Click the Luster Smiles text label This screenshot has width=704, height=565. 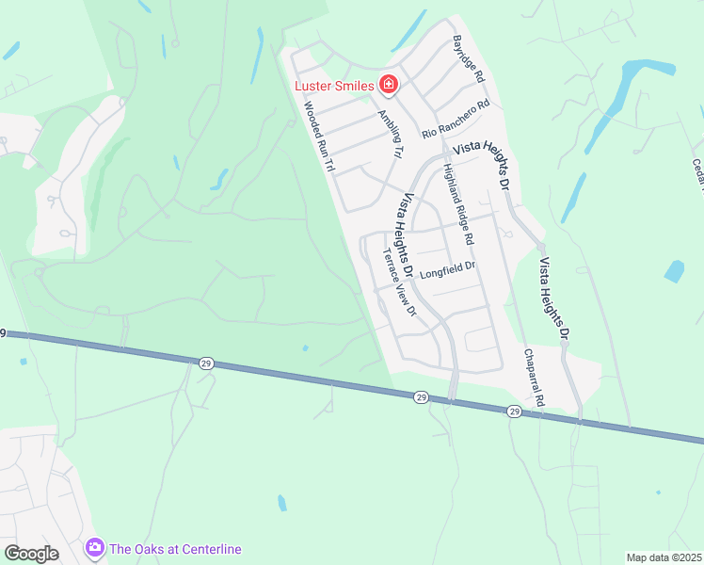tap(334, 86)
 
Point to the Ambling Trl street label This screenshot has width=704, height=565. tap(390, 134)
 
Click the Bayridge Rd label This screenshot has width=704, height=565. tap(468, 58)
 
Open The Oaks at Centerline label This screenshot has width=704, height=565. tap(175, 549)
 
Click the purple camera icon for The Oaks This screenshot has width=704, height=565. tap(93, 547)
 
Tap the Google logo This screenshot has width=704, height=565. tap(31, 554)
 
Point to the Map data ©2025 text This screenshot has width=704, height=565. tap(664, 557)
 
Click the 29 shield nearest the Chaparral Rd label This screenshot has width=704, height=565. tap(514, 412)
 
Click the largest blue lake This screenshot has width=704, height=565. tap(626, 99)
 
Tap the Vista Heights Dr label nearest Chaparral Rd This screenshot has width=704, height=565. tap(553, 294)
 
